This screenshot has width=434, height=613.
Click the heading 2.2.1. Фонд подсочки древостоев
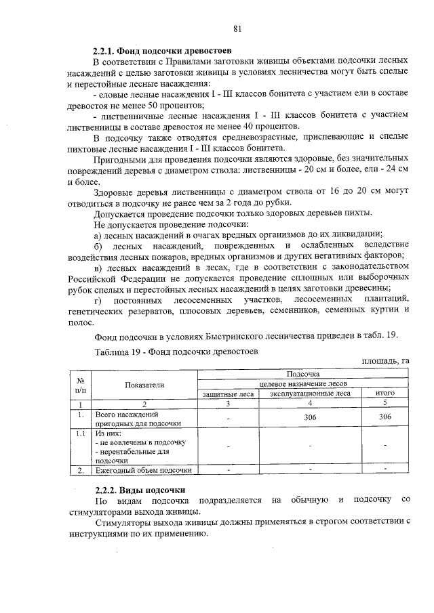(162, 51)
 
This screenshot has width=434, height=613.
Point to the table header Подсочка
(303, 373)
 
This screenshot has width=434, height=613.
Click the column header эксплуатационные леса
(310, 393)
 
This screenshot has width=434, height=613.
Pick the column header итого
(385, 393)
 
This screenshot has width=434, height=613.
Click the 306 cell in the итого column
(385, 417)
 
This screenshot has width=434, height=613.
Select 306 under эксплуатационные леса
(310, 417)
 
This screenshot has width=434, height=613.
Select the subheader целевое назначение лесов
(303, 383)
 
